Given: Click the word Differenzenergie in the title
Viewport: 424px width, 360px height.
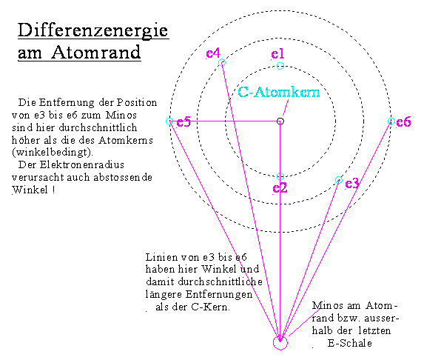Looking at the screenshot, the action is [x=93, y=30].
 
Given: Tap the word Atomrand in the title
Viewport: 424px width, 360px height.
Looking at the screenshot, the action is [x=96, y=52].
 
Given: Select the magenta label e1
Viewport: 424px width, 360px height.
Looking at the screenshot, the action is [x=277, y=54].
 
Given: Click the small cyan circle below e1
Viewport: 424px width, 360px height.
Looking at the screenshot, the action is [x=280, y=66].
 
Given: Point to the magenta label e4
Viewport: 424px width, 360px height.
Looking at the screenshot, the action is [x=213, y=53].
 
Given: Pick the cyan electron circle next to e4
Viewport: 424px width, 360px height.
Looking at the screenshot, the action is [x=222, y=63].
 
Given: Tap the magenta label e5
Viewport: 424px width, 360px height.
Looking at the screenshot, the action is [x=184, y=121].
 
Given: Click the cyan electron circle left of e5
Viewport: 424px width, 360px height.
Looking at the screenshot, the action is [x=169, y=121].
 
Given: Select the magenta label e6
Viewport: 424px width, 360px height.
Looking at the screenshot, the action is [x=403, y=121].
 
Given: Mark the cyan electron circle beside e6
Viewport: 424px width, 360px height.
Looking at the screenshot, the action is [x=391, y=121].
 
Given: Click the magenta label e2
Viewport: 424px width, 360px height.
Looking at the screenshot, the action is [x=280, y=188].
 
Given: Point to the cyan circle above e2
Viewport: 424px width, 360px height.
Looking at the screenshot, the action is [x=280, y=177].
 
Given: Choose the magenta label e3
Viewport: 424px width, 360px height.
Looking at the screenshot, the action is [x=352, y=184].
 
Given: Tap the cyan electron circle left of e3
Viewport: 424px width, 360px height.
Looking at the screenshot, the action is [x=339, y=180].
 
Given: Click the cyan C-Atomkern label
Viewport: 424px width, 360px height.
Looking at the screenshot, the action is [x=278, y=92].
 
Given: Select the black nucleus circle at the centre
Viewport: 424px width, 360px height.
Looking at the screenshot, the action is [x=280, y=121].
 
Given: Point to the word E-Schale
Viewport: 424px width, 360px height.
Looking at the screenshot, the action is [x=350, y=343].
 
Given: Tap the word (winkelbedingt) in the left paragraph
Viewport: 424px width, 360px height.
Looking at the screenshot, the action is [x=53, y=152].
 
